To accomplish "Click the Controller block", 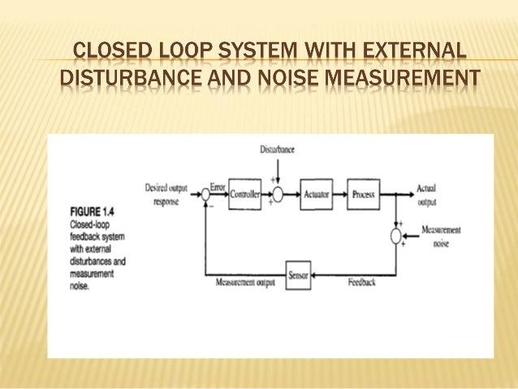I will (244, 195).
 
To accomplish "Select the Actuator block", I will (316, 195).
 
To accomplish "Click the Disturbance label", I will (277, 149).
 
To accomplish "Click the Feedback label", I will (360, 283).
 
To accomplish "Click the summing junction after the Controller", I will (277, 195).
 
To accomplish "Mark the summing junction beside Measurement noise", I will (395, 236).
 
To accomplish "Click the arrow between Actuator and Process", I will (341, 195).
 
